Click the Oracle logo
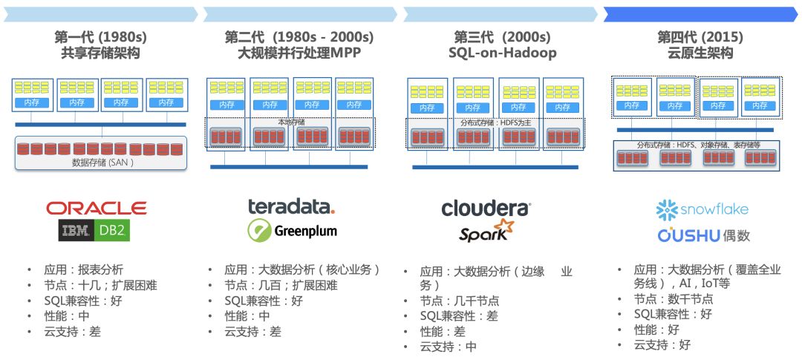click(97, 208)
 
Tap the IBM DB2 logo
click(95, 232)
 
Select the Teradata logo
click(291, 206)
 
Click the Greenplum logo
click(292, 231)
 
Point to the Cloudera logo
click(486, 209)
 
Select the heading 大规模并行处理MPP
click(299, 53)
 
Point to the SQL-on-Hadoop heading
click(502, 53)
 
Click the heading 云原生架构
click(700, 53)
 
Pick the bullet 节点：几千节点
click(459, 301)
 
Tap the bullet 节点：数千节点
click(673, 299)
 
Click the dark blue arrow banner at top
click(701, 14)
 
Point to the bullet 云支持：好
click(662, 344)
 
